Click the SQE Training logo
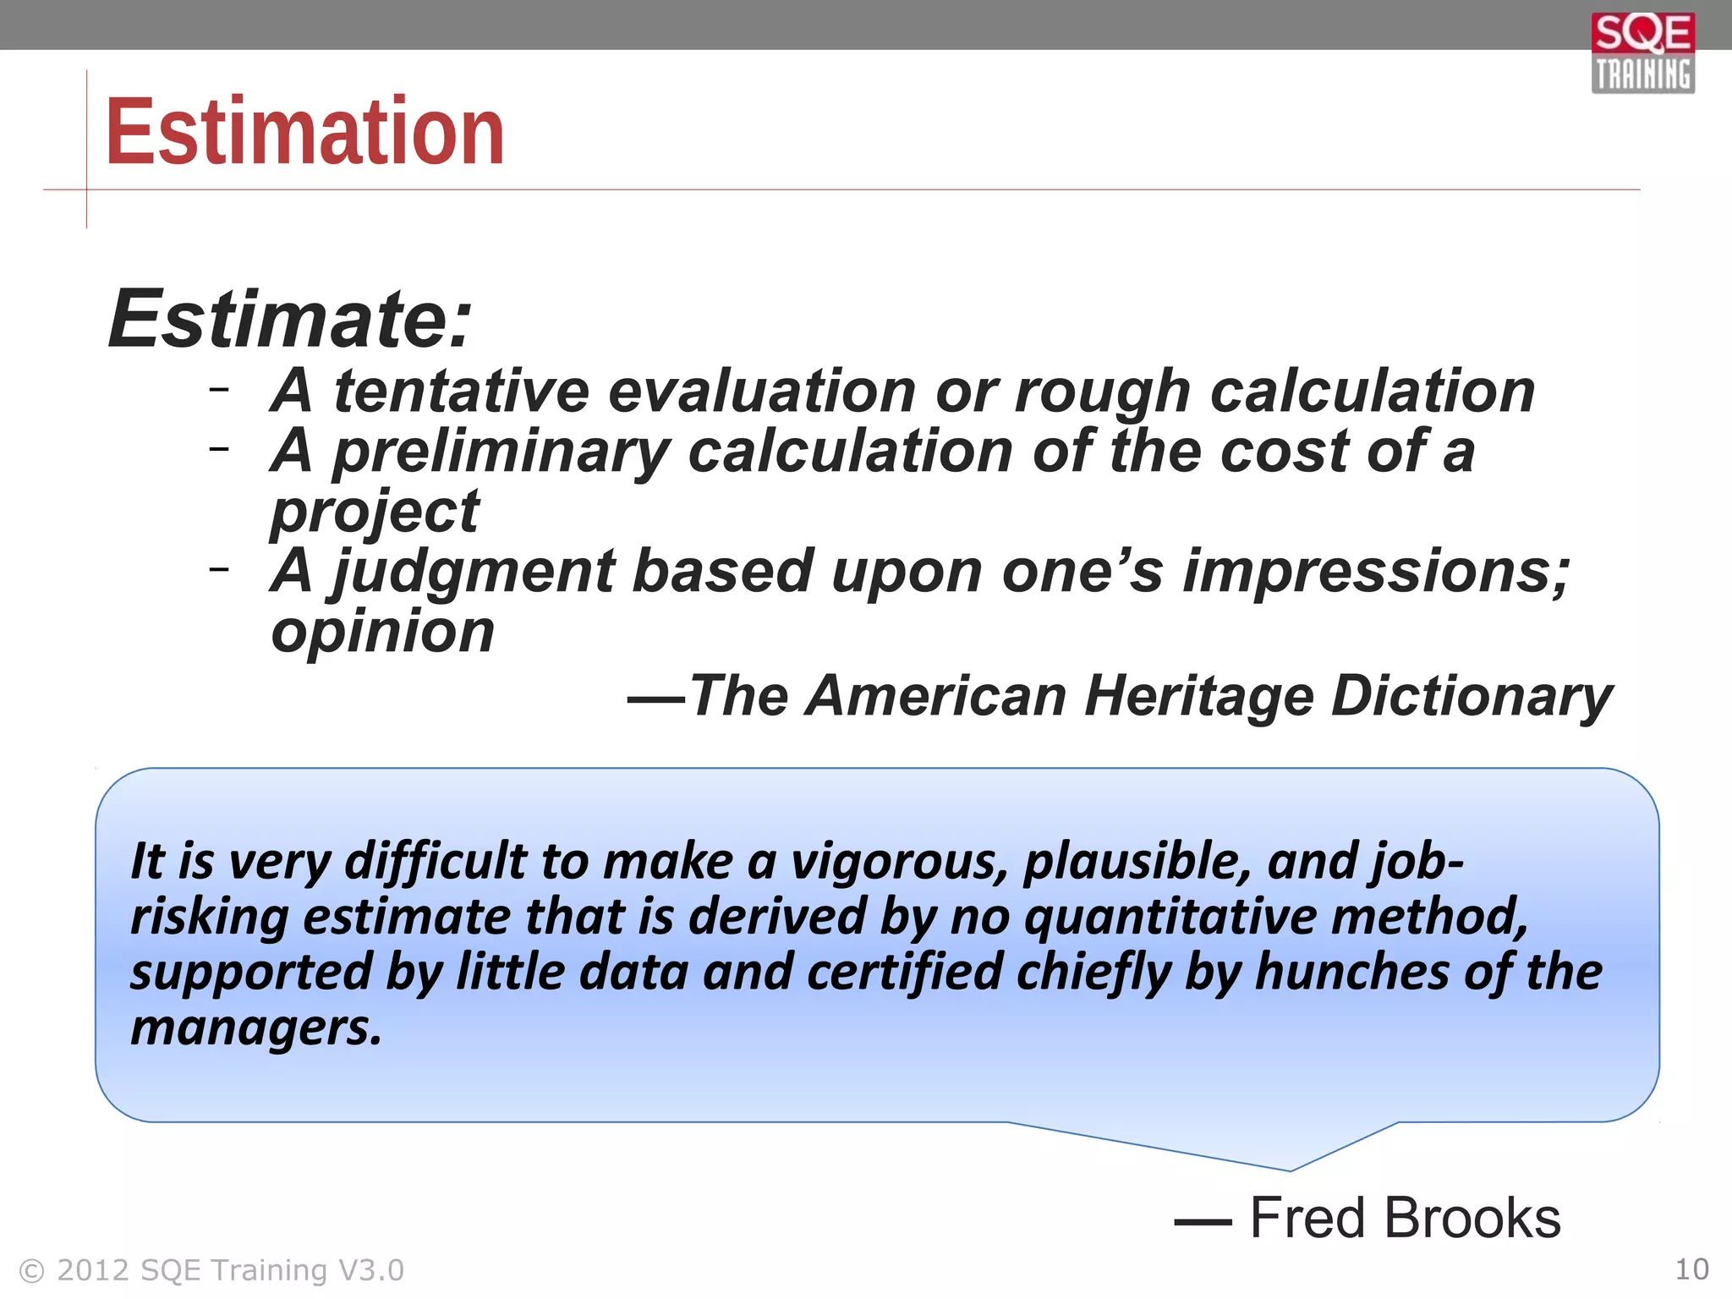pos(1642,52)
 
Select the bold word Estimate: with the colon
pos(289,319)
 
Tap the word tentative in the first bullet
pos(461,392)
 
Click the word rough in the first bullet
pos(1102,393)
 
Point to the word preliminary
pos(501,453)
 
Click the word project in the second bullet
pos(375,512)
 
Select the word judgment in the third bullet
pos(473,573)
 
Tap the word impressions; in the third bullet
pos(1376,573)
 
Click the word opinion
pos(382,632)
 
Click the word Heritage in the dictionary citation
pos(1198,696)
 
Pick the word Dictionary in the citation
pos(1472,696)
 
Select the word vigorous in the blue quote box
pos(898,863)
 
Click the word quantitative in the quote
pos(1169,918)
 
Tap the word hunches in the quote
pos(1352,973)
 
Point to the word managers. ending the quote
pos(256,1029)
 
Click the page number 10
pos(1691,1269)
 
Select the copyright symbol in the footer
pos(31,1271)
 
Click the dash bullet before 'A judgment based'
pos(219,569)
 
